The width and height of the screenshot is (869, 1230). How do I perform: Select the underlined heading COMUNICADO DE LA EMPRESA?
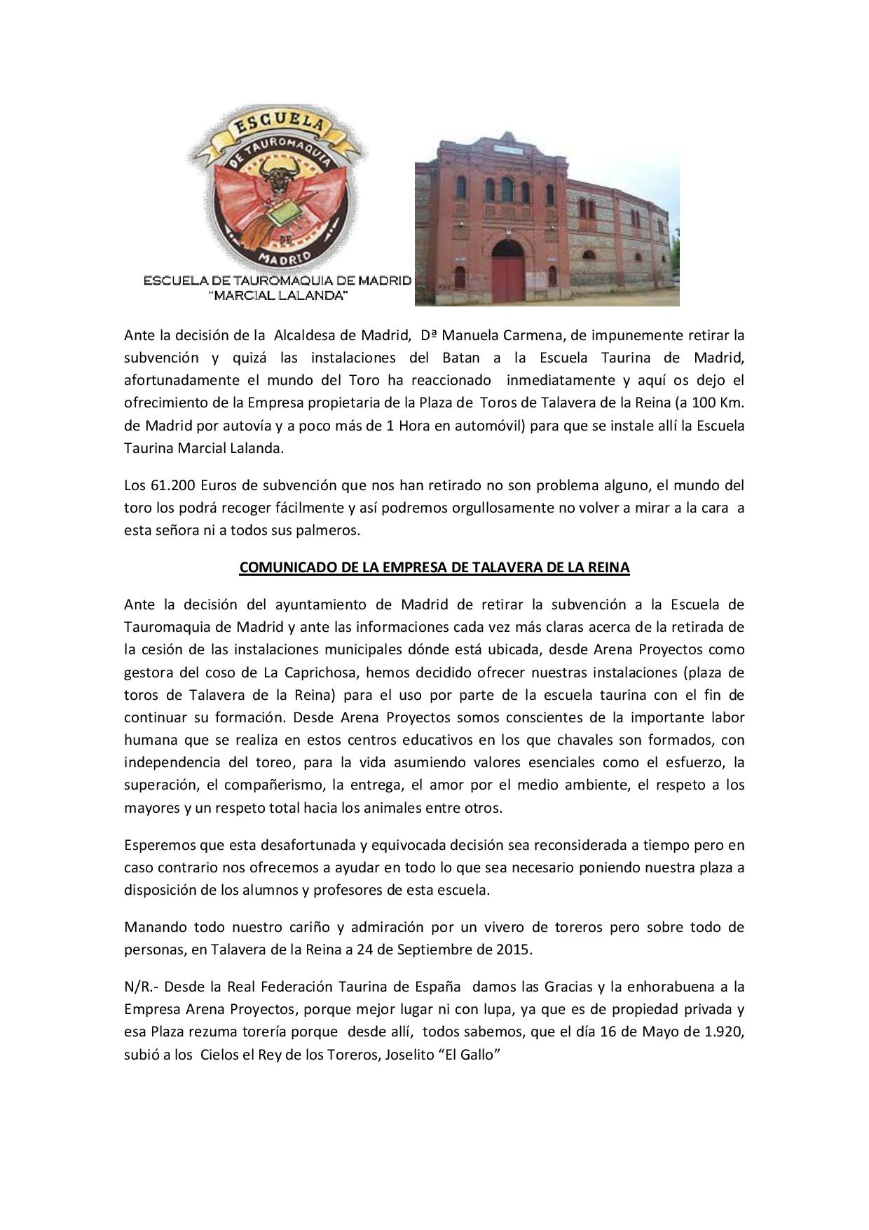pyautogui.click(x=434, y=568)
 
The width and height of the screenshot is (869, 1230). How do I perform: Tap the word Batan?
pyautogui.click(x=461, y=358)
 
